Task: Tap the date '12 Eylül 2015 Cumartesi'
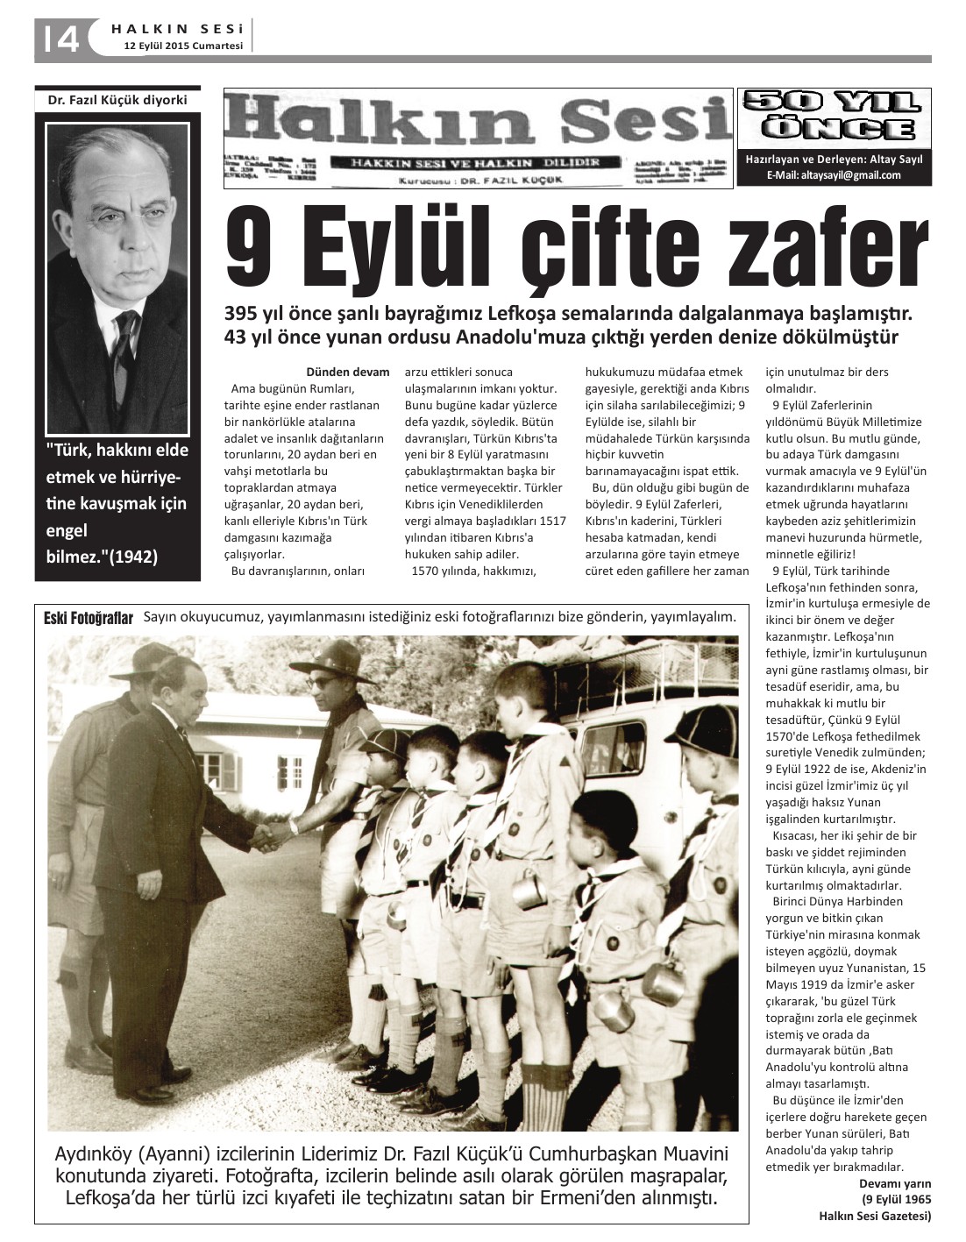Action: [x=181, y=46]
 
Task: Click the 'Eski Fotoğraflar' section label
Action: [x=88, y=619]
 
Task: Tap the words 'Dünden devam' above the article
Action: [x=347, y=372]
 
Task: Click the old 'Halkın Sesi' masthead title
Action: [x=478, y=124]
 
